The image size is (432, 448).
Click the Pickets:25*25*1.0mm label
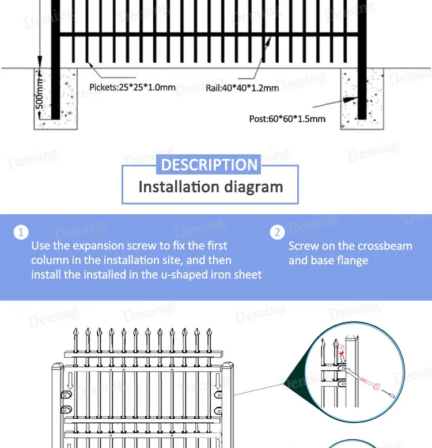tap(132, 87)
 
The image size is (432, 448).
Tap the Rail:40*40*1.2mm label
tap(242, 88)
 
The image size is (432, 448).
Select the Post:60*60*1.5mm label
tap(287, 119)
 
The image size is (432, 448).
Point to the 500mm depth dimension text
tap(39, 93)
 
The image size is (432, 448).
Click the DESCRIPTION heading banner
tap(209, 165)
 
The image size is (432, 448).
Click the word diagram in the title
tap(253, 188)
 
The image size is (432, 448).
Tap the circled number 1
tap(21, 232)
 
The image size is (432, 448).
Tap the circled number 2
tap(277, 232)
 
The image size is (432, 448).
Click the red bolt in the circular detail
tap(369, 384)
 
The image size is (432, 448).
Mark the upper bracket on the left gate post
tap(66, 395)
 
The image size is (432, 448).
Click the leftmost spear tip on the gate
tap(75, 332)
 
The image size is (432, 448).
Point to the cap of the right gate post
tap(228, 366)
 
